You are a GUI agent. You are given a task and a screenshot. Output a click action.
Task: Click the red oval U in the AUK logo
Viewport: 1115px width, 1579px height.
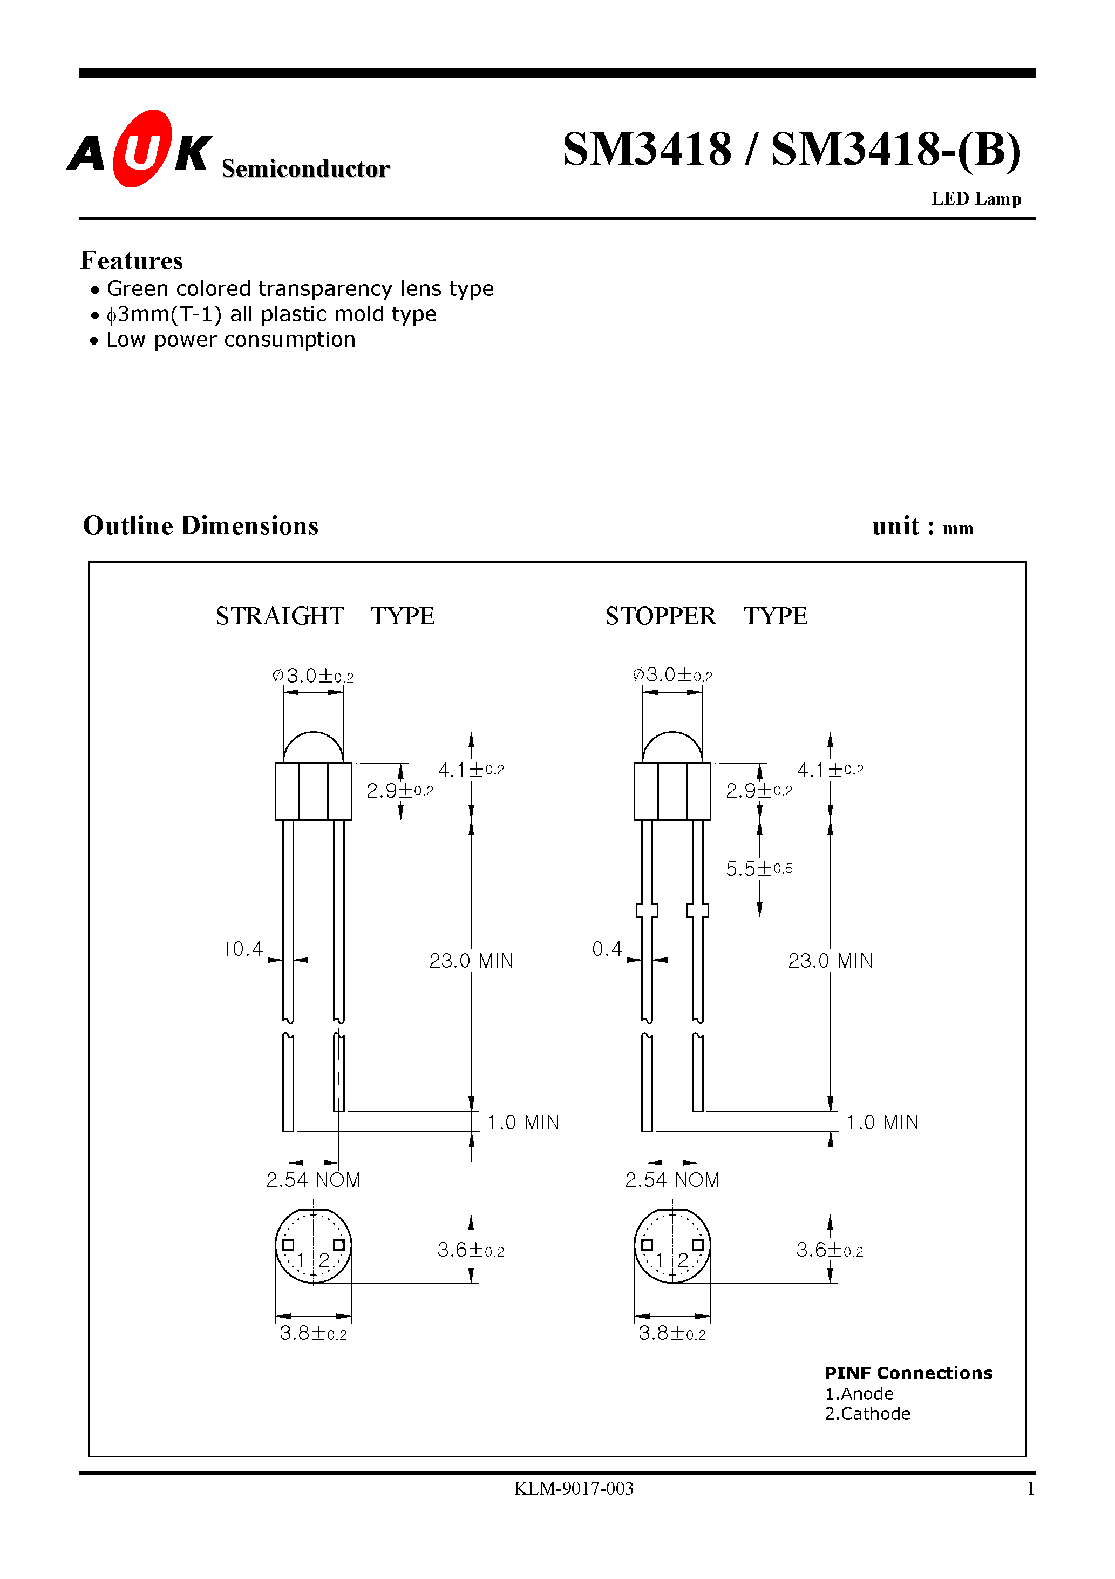point(141,149)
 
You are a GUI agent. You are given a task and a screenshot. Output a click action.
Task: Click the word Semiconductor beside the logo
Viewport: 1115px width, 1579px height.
point(305,169)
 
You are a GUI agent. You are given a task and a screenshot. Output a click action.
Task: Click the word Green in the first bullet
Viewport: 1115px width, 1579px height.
point(137,288)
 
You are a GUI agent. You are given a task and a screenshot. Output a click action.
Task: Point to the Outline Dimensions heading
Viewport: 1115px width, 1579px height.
point(201,525)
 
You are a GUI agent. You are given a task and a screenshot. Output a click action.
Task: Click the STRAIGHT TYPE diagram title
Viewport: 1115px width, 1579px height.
point(324,616)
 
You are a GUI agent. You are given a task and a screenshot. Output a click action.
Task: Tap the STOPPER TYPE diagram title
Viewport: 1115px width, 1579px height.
point(706,616)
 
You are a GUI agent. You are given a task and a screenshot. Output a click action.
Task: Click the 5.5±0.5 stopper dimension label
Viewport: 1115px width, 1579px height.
point(759,868)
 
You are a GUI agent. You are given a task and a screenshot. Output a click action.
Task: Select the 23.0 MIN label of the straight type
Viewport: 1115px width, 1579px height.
point(471,961)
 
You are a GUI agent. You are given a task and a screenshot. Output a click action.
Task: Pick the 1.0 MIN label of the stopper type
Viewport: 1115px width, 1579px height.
point(882,1122)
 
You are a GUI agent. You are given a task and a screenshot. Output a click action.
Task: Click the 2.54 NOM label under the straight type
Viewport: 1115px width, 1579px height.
point(314,1180)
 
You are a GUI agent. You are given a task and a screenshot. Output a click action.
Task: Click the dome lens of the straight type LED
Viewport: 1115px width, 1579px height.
point(314,748)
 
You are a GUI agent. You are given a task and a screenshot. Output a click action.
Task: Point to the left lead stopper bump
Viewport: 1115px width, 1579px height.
point(647,910)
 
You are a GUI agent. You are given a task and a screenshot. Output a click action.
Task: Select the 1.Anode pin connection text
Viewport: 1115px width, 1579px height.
point(859,1394)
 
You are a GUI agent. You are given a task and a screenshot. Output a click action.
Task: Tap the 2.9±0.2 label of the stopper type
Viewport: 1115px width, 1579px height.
point(759,791)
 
